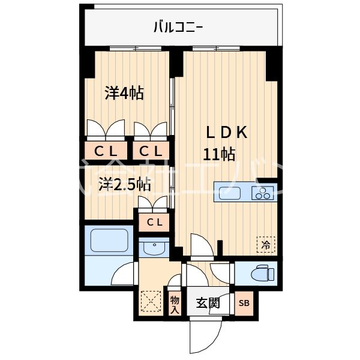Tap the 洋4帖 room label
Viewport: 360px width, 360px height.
124,94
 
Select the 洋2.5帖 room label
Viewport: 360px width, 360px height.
124,185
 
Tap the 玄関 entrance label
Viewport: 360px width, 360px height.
208,303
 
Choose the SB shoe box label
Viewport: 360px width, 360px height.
244,303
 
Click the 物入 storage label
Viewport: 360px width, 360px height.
175,304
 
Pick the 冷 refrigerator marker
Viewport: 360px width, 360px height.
265,244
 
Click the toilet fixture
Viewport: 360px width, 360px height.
263,273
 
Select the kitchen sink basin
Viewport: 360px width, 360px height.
230,193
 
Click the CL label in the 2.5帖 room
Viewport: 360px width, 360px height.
154,223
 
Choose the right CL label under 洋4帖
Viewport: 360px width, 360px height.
151,151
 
